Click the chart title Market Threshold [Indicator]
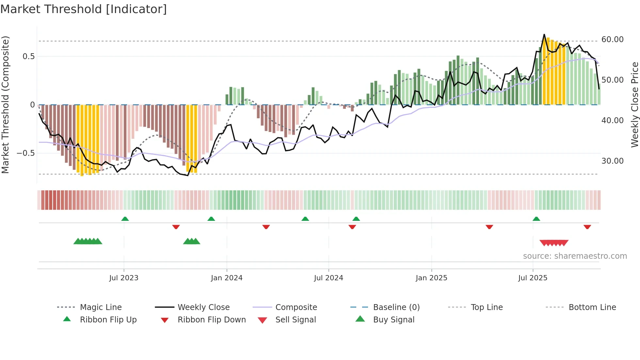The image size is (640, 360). click(84, 9)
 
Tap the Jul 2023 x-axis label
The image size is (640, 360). click(124, 278)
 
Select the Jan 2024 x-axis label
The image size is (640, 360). click(227, 278)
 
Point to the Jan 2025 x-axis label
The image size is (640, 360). click(431, 278)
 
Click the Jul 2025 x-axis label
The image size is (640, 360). click(533, 278)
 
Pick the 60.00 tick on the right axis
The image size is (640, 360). click(612, 40)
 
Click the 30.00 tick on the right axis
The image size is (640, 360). click(612, 161)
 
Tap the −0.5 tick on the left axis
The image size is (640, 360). click(26, 153)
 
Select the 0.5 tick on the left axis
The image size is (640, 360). click(28, 57)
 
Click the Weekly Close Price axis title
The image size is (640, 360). click(634, 105)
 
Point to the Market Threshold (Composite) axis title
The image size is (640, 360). click(5, 105)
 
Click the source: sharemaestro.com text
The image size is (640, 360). click(575, 256)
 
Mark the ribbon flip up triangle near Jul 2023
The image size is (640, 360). click(125, 219)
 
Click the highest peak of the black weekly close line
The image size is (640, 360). click(544, 34)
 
